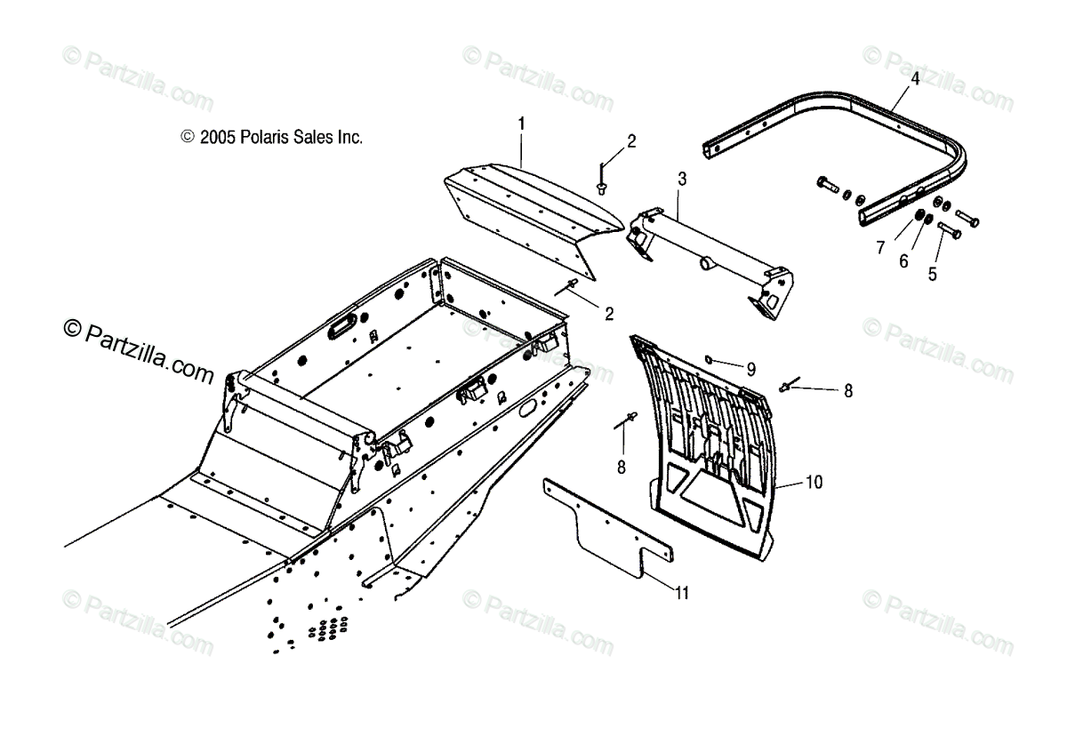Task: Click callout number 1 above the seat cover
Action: (x=522, y=123)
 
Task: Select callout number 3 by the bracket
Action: (x=682, y=179)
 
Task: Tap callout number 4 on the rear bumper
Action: (x=915, y=78)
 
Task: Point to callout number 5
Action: (x=932, y=274)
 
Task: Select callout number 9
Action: (x=750, y=368)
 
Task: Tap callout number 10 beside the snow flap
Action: (x=814, y=482)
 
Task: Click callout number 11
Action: (x=681, y=594)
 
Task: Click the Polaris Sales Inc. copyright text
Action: (x=272, y=138)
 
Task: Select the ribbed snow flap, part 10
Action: (x=711, y=444)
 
